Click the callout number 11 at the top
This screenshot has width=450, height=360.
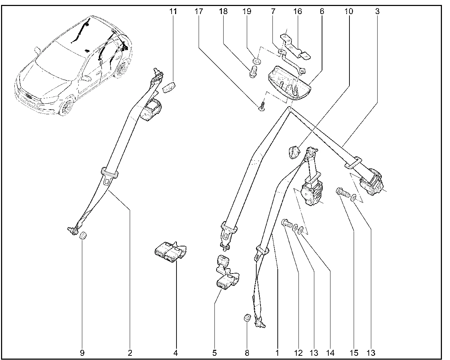tap(173, 11)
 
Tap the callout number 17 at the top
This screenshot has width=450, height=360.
tap(199, 11)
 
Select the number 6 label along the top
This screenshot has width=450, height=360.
tap(322, 11)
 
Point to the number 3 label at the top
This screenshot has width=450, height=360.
tap(377, 11)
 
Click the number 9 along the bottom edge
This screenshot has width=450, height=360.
tap(82, 353)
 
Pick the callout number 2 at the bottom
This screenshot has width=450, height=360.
tap(130, 353)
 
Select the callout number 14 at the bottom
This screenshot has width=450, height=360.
tap(330, 353)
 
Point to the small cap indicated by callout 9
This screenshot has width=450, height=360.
tap(83, 236)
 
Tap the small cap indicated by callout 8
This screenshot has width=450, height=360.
tap(247, 319)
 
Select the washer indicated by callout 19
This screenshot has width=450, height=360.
tap(257, 62)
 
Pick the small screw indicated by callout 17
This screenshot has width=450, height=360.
tap(261, 107)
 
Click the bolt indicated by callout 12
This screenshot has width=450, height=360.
tap(287, 224)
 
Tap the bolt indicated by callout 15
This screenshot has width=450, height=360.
tap(342, 192)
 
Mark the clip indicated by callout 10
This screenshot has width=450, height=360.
tap(293, 152)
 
